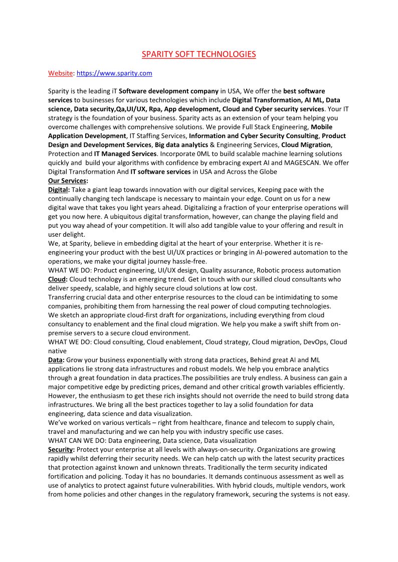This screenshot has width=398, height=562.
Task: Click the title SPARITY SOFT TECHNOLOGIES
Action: [x=198, y=54]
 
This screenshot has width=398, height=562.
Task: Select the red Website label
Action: [x=60, y=73]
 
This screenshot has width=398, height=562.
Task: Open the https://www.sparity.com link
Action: [x=114, y=73]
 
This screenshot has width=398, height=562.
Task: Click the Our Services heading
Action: [x=68, y=181]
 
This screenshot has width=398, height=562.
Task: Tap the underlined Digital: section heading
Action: [x=58, y=190]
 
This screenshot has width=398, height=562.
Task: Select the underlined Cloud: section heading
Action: [x=58, y=279]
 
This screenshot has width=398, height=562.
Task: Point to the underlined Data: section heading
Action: [x=56, y=360]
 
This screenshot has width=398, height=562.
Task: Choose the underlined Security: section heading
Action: [x=61, y=449]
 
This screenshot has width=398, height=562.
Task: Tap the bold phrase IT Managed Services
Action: [x=125, y=154]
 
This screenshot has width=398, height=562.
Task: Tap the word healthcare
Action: [x=198, y=422]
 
